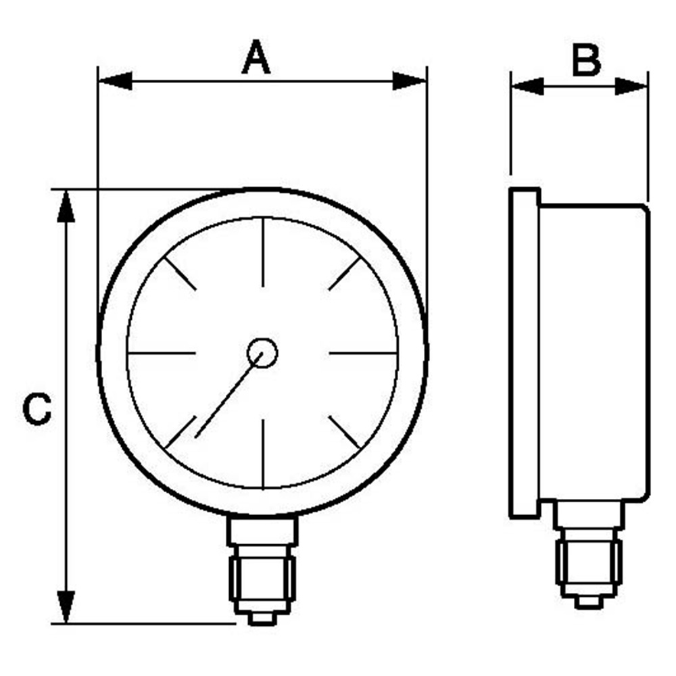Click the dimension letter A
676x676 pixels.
(256, 57)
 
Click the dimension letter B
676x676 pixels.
(586, 60)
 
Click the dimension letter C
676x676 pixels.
(37, 409)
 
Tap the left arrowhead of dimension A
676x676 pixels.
(115, 81)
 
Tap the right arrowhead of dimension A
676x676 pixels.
(410, 81)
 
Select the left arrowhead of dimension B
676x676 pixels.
(527, 87)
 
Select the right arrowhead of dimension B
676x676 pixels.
(631, 87)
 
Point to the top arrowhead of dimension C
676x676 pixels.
(66, 206)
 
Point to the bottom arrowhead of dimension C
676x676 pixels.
(66, 607)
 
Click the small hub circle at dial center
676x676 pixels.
(262, 353)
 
